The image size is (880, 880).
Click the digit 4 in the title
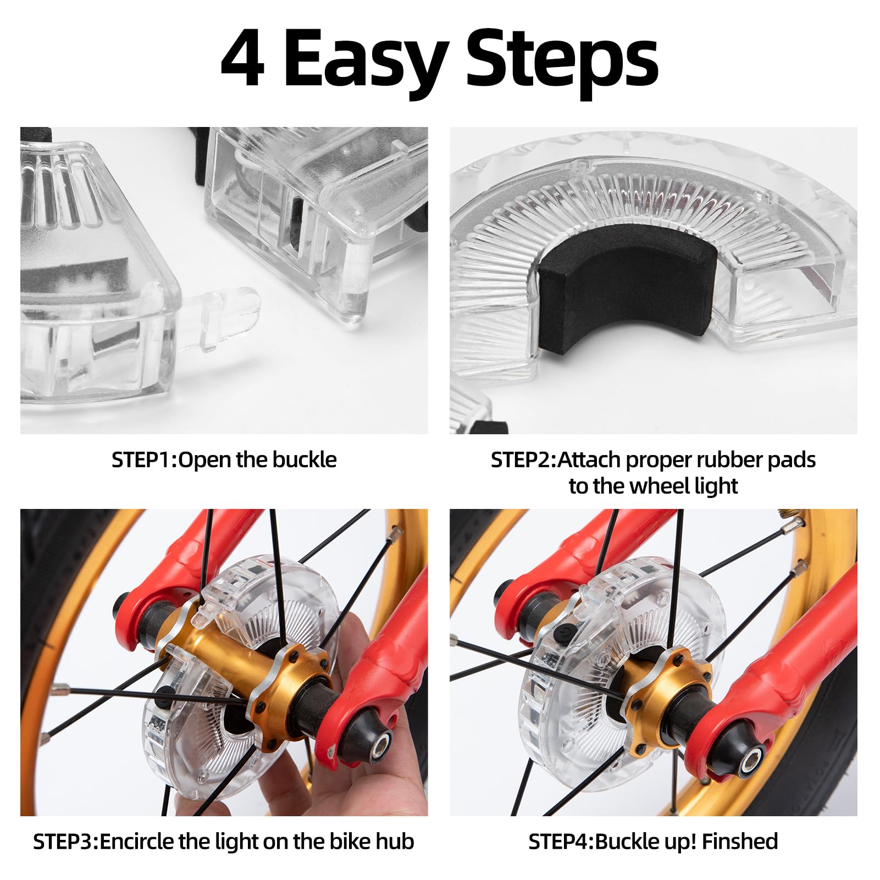click(242, 58)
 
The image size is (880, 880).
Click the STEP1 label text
click(142, 460)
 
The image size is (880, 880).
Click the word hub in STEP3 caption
click(395, 842)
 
